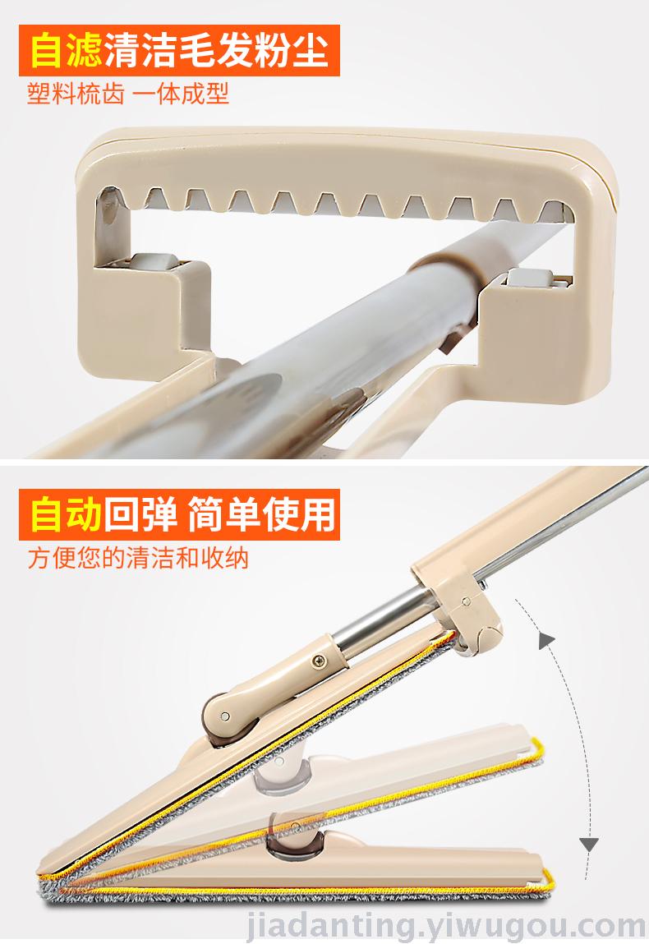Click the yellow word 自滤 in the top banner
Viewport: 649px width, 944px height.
tap(67, 51)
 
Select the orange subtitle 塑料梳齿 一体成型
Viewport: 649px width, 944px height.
tap(128, 94)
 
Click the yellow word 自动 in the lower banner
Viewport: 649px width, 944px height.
tap(67, 515)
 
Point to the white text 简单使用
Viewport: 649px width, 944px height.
tap(262, 515)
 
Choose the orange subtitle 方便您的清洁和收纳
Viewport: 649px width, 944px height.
tap(138, 558)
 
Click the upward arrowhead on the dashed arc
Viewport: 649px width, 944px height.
tap(546, 640)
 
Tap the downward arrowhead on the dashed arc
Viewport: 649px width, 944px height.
tap(588, 845)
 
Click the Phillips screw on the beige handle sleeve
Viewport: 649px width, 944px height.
tap(319, 661)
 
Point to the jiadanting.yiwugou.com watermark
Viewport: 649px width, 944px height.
tap(446, 925)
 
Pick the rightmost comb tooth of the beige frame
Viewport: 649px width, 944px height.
tap(551, 210)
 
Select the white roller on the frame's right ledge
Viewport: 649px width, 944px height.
tap(531, 278)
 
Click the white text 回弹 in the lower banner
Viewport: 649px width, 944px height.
tap(140, 515)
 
